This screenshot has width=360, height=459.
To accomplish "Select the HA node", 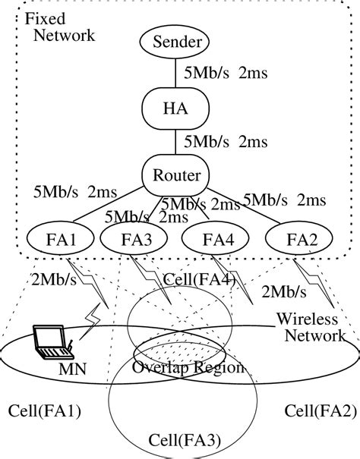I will (172, 108).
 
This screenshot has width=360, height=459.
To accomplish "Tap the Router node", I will (172, 175).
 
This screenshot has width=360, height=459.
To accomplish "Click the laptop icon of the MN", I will (52, 343).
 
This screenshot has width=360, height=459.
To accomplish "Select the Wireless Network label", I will (309, 326).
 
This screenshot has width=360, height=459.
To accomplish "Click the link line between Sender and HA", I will (172, 74).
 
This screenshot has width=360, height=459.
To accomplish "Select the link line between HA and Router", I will (172, 142).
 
